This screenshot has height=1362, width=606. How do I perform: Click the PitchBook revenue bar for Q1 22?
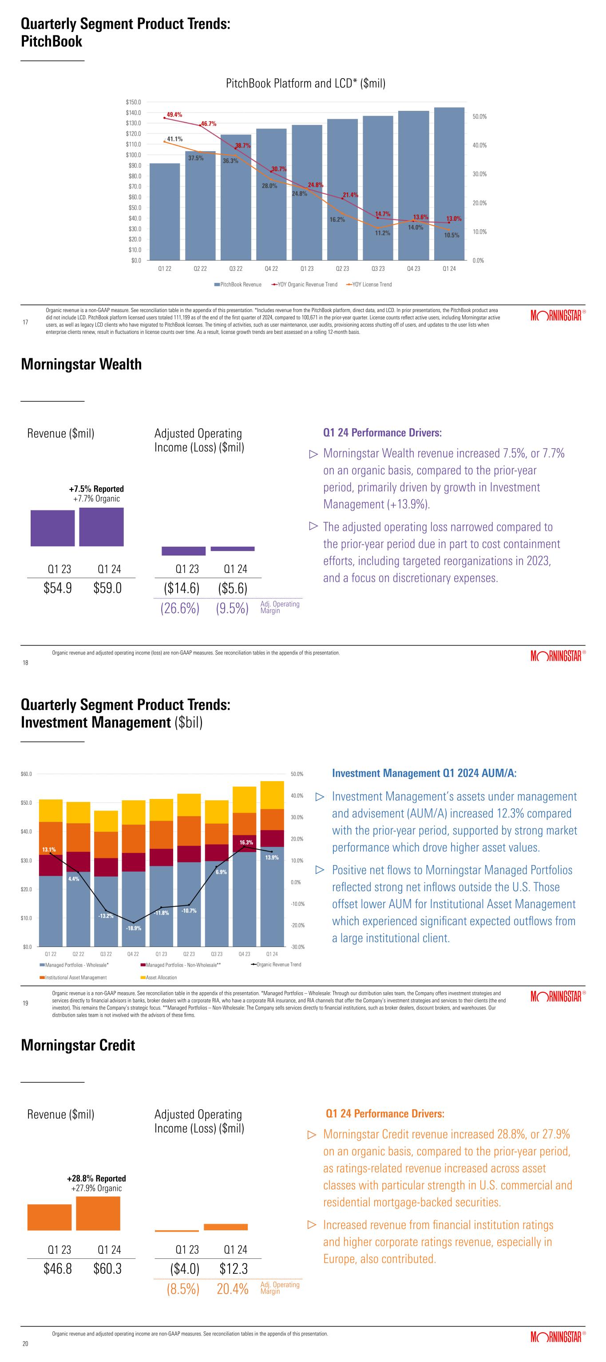[x=165, y=211]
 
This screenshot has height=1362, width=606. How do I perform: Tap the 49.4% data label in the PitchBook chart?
[x=174, y=114]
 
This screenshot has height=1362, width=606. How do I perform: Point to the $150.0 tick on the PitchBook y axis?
[x=133, y=102]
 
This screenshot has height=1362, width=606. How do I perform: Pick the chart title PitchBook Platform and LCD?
[x=305, y=83]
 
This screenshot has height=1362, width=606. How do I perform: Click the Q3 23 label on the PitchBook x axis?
[x=378, y=269]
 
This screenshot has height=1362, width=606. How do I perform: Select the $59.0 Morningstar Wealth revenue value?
[x=107, y=588]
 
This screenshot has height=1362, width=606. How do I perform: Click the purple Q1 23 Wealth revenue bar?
[x=52, y=528]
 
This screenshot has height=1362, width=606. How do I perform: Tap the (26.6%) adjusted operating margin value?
[x=180, y=609]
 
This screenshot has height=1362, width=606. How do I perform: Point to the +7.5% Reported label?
[x=96, y=489]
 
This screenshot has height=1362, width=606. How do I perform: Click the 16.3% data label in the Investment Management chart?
[x=246, y=842]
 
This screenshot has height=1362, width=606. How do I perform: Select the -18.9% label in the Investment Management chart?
[x=133, y=928]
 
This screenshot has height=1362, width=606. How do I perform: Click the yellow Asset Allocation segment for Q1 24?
[x=272, y=794]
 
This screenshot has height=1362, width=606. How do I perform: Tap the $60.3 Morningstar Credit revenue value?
[x=107, y=1269]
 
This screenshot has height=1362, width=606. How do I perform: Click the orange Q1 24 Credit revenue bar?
[x=98, y=1213]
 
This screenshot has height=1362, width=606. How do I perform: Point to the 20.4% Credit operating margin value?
[x=232, y=1289]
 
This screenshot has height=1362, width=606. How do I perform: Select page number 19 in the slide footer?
[x=25, y=1003]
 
